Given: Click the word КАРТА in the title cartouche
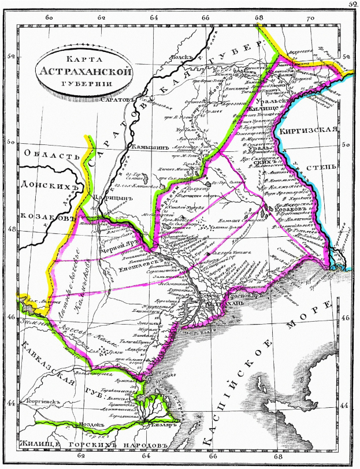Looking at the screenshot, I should pos(80,59).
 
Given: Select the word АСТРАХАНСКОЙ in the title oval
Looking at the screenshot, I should pos(81,72).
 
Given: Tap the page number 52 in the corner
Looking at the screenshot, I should pos(352,4).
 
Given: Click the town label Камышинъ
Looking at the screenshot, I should pos(150,147).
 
